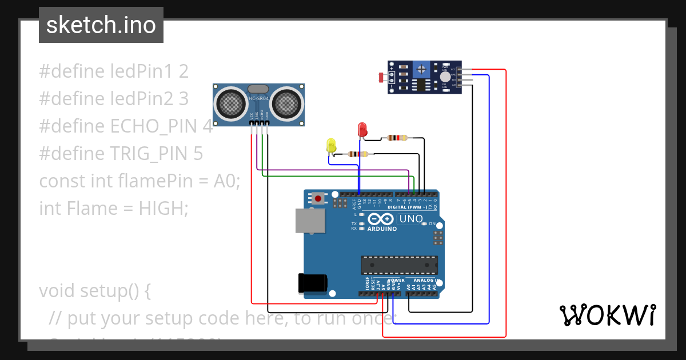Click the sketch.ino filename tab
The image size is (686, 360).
(101, 25)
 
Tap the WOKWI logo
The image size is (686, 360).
(607, 315)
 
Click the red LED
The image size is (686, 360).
(362, 129)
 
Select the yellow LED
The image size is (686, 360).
(331, 145)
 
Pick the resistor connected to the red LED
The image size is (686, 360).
(397, 137)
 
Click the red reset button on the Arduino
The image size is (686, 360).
(318, 199)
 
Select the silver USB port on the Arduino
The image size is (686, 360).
(310, 221)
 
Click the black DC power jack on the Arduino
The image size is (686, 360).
(313, 283)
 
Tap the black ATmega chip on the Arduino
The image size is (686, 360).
(399, 266)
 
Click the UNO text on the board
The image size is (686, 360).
(410, 219)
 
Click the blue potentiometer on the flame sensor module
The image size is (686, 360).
(422, 69)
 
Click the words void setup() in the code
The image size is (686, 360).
(94, 291)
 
